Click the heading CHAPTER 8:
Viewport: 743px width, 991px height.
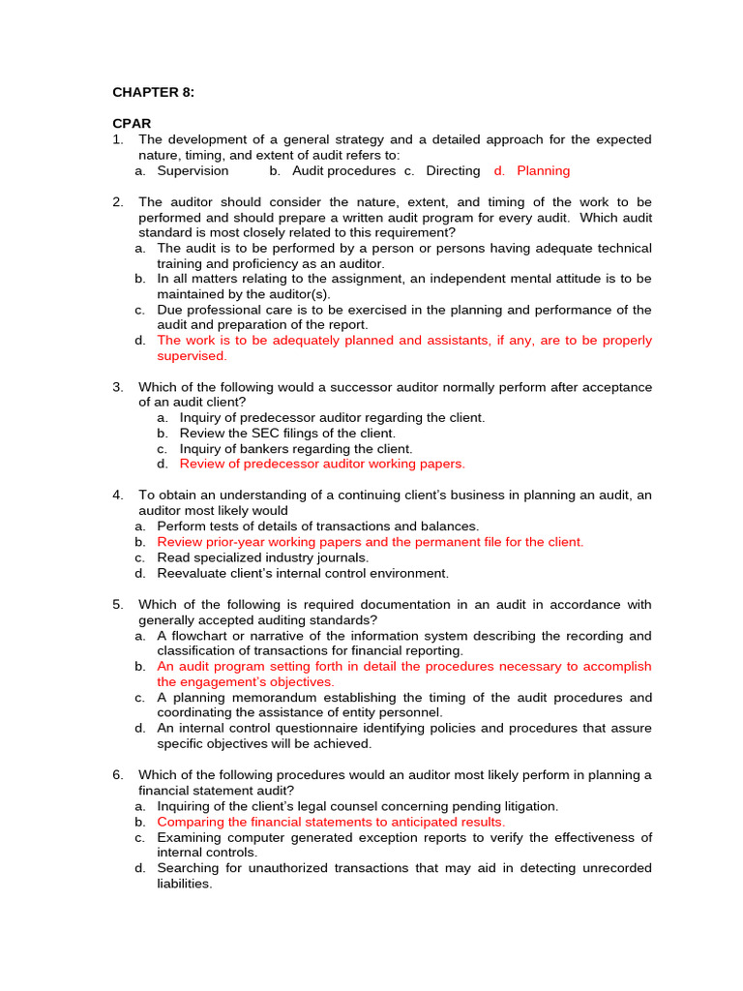[154, 93]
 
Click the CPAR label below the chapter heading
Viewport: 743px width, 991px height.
[132, 125]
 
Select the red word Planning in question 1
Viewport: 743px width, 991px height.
[544, 171]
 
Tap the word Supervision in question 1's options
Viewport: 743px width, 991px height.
[193, 171]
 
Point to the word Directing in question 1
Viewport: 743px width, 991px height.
[453, 171]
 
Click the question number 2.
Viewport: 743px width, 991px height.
[117, 202]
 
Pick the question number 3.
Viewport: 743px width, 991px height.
[117, 387]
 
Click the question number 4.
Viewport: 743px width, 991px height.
[117, 495]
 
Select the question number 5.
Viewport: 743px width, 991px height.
[117, 605]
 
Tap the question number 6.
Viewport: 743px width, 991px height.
[117, 775]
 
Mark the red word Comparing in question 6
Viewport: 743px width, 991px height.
[190, 822]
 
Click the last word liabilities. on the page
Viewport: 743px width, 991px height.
[185, 884]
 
